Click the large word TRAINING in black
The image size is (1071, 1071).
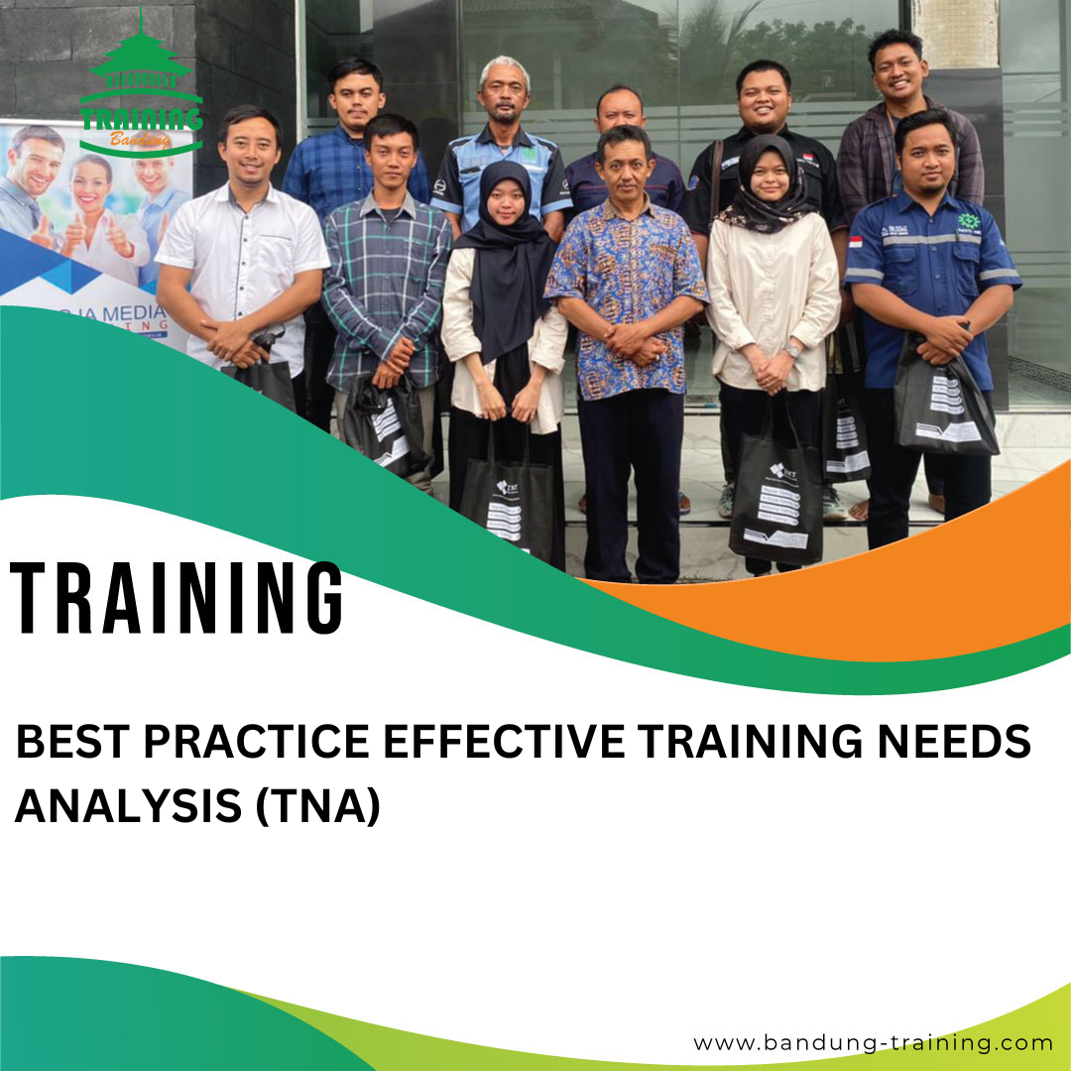(x=177, y=598)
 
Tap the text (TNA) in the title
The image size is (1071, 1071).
(x=318, y=806)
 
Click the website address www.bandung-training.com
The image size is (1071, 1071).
(x=873, y=1042)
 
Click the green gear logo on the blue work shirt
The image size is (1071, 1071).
(x=968, y=222)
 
